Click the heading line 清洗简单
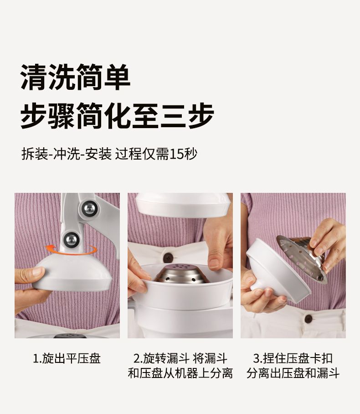75,78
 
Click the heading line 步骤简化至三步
117,116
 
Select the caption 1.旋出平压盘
67,358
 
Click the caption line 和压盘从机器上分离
180,373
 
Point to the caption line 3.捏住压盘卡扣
293,358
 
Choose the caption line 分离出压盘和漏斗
293,373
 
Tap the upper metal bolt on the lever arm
89,208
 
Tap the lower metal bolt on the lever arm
71,240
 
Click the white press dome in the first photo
72,273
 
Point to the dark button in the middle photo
168,258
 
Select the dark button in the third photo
309,319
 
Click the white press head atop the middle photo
183,205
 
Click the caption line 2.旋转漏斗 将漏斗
180,358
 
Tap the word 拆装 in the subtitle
34,154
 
